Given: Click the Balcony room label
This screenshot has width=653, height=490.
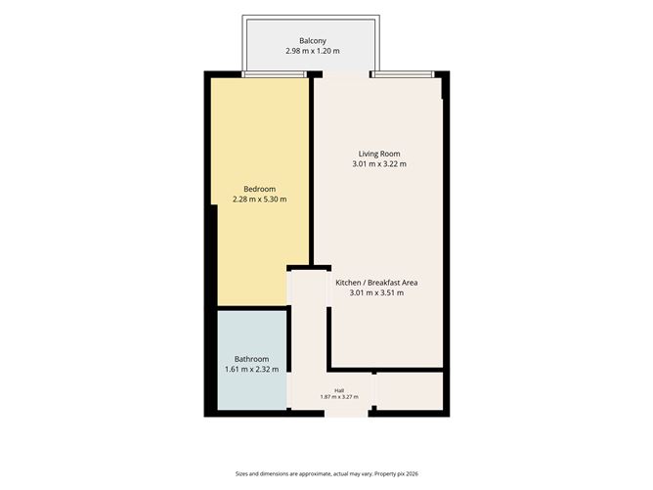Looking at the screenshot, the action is (x=313, y=41).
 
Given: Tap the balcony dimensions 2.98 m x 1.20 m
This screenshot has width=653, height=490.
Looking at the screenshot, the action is (x=313, y=51).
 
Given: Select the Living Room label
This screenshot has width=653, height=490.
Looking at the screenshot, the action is (x=379, y=154).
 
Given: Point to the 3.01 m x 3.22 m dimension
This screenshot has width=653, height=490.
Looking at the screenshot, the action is (x=379, y=163).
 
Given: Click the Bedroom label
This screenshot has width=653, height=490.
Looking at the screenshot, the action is (x=259, y=189).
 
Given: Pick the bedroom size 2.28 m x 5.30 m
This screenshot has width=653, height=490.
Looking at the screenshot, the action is (x=259, y=200).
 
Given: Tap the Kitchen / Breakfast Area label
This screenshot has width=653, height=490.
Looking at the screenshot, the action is (x=376, y=283).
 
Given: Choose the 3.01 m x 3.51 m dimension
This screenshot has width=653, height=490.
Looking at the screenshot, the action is (x=376, y=292).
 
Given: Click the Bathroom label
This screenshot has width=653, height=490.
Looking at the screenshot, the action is (x=251, y=359).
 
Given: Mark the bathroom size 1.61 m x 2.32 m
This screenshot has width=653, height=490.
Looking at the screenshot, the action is (x=251, y=369).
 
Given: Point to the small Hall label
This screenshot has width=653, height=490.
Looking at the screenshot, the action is (x=339, y=391).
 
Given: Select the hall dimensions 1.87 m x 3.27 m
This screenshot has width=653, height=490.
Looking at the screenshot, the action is (x=339, y=397).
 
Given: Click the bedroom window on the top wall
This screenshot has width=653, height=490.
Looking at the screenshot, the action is (x=274, y=74).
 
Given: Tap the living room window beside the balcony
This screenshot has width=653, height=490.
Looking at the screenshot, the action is (x=403, y=74).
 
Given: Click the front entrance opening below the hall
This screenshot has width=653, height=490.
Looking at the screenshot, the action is (x=346, y=413).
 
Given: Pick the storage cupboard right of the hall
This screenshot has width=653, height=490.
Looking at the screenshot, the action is (x=410, y=391).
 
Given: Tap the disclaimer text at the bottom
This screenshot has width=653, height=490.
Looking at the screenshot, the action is (x=326, y=473).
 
